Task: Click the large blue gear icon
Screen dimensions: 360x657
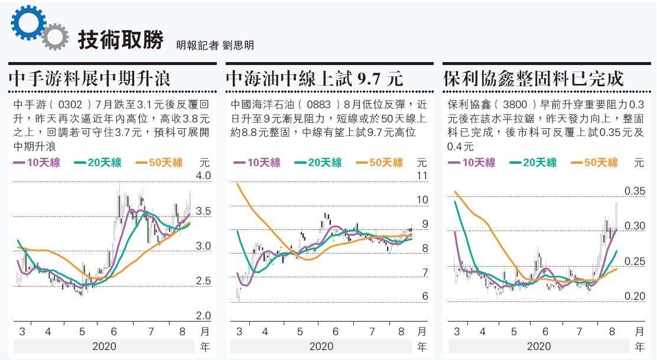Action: [28, 22]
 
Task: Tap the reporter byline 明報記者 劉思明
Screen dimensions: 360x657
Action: [214, 46]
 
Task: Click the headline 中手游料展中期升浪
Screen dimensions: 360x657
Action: [90, 78]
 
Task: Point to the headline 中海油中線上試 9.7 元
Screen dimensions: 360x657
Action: [314, 78]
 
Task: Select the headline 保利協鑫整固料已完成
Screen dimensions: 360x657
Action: [533, 78]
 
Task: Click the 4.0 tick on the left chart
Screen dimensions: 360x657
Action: [203, 176]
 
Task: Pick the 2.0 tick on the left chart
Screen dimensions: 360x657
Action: [203, 316]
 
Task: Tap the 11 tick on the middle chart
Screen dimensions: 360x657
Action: [422, 176]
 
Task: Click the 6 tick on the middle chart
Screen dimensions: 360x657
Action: [424, 297]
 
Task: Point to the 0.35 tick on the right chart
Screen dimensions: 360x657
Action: [635, 191]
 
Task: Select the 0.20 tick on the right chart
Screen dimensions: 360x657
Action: [635, 296]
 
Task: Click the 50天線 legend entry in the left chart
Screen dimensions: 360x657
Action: [159, 163]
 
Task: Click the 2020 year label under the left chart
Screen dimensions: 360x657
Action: [105, 346]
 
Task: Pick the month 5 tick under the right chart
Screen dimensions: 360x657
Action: [514, 332]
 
